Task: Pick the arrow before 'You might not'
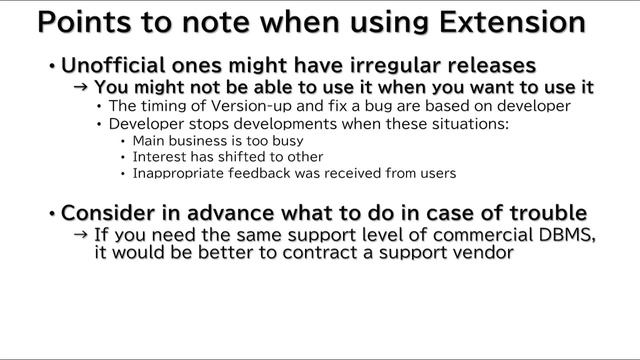[x=82, y=88]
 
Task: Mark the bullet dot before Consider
[x=51, y=214]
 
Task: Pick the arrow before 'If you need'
[x=82, y=235]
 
